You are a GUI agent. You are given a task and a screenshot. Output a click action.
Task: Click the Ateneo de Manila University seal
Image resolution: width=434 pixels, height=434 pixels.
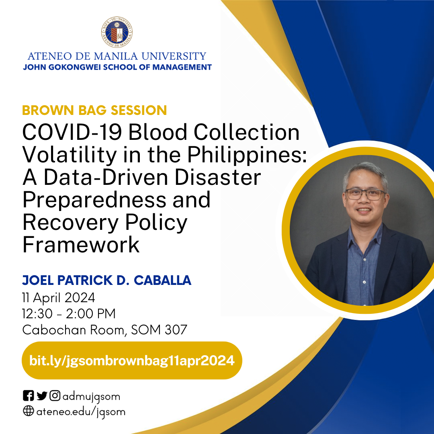pos(117,32)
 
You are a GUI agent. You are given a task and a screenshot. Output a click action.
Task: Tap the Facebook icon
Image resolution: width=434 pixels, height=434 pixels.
pos(28,395)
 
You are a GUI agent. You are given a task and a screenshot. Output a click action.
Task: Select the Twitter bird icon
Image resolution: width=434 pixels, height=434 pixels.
pos(42,396)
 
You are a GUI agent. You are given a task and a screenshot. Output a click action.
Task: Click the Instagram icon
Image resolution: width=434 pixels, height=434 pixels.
pos(55,395)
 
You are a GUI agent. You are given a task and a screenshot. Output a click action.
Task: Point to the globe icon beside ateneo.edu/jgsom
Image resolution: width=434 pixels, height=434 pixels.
pos(28,411)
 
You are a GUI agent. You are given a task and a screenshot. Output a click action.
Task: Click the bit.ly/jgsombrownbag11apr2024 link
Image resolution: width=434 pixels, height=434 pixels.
pos(132,360)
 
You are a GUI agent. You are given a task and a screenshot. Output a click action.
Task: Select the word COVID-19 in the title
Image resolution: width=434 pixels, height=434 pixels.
pos(72,132)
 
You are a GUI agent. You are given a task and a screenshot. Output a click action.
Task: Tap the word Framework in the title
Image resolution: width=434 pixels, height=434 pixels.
pos(81,244)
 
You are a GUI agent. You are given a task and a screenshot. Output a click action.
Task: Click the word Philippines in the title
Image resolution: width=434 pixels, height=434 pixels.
pos(247,156)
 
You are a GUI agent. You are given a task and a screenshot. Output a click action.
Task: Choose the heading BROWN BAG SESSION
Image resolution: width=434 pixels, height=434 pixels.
pos(94,110)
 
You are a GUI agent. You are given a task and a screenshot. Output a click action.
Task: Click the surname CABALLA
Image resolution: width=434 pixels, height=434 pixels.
pos(162,280)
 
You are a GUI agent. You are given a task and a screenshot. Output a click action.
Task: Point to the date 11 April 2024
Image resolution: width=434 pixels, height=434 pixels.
pos(59,298)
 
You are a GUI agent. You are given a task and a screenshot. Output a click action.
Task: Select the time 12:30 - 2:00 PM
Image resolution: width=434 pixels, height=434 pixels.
pos(69,313)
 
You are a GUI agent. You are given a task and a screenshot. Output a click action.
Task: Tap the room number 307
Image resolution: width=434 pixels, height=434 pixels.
pos(176,330)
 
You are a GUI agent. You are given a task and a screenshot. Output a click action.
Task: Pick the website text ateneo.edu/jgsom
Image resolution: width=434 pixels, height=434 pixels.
pos(81,412)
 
